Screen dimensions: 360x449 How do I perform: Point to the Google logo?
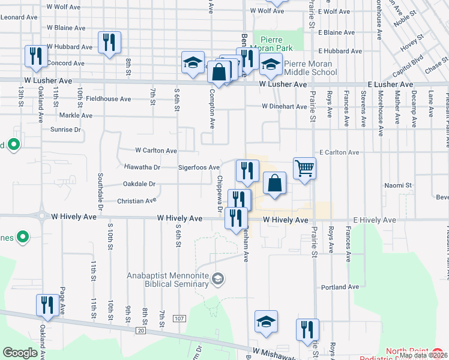tap(20, 353)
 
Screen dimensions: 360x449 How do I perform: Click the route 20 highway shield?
tap(140, 330)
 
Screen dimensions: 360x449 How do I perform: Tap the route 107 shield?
tap(179, 317)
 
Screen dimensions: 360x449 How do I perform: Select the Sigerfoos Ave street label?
tap(198, 167)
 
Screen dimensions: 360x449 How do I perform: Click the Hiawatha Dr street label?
tap(142, 167)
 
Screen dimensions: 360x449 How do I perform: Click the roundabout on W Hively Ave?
tap(41, 215)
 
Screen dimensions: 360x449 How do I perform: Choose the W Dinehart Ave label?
tap(285, 107)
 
